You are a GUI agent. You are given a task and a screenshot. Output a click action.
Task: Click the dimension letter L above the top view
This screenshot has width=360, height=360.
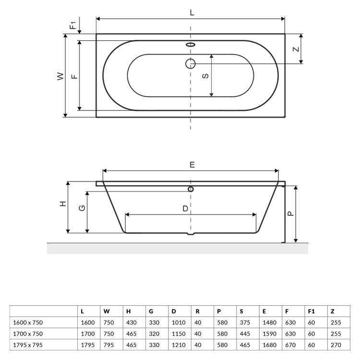coord(192,12)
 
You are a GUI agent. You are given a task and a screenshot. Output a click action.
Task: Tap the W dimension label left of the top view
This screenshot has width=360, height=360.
coord(60,76)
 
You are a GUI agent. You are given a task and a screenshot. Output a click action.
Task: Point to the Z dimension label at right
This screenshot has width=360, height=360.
coord(297,49)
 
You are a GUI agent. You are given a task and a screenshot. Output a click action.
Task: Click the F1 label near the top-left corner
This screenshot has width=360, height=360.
coord(73,25)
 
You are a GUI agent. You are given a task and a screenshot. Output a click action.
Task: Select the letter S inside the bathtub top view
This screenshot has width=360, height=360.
coord(205,76)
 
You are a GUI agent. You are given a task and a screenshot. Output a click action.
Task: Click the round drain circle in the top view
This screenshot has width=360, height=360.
coord(191,63)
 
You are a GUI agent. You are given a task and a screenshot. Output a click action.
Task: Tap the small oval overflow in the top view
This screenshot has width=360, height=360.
coord(191,45)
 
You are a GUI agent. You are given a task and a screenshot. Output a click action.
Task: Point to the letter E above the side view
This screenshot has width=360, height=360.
coord(192,165)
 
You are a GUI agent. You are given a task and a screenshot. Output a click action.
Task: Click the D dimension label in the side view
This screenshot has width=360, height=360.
coord(185,208)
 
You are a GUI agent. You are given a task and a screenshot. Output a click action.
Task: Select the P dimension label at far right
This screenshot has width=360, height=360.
coord(290,214)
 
